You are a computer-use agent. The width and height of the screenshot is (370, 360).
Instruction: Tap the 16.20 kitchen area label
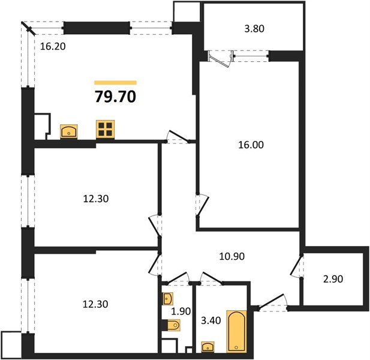[52, 44]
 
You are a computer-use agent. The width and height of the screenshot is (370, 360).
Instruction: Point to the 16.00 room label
[250, 145]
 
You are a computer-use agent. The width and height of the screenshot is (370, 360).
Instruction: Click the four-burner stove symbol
[106, 129]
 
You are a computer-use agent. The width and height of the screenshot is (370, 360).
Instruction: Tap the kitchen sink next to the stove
[70, 131]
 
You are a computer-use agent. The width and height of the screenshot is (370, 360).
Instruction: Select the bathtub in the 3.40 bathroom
[236, 331]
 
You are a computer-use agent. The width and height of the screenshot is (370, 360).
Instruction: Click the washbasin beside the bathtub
[208, 347]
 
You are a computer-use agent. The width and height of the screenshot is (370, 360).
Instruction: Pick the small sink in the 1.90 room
[167, 298]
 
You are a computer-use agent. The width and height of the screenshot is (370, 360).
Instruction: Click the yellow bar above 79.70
[116, 83]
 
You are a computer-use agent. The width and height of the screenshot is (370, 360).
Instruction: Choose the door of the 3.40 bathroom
[211, 278]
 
